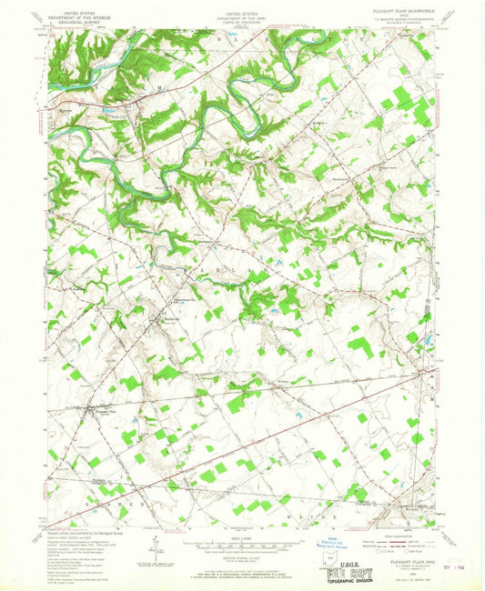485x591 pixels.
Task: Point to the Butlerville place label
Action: tap(171, 317)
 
